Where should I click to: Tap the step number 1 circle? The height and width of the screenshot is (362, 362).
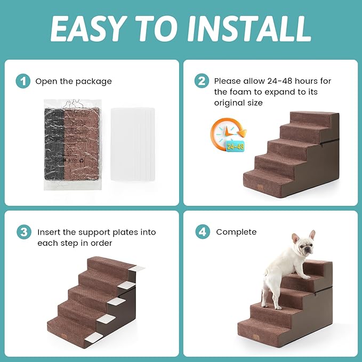tap(22, 82)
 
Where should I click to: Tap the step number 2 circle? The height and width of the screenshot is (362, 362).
tap(202, 82)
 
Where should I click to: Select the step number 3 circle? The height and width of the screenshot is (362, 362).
tap(22, 232)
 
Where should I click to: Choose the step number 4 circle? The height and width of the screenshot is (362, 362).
tap(202, 232)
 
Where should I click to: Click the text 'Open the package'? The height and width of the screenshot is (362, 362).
tap(74, 82)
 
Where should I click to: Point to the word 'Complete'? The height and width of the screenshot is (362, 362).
tap(236, 232)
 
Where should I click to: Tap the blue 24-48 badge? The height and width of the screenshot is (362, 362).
tap(235, 146)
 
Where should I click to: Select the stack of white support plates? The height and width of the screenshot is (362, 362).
tap(132, 143)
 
